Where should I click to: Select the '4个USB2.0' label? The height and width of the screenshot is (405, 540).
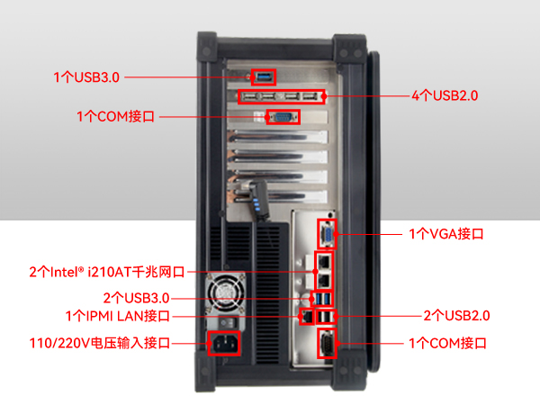(x=444, y=95)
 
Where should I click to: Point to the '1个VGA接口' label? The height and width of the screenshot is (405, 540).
(x=446, y=234)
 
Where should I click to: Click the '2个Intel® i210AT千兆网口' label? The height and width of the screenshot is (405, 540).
(x=106, y=271)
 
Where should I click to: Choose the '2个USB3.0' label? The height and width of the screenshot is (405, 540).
(x=136, y=298)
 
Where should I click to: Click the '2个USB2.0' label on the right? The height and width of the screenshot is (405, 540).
(x=456, y=316)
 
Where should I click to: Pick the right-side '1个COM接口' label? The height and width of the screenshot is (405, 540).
(x=447, y=343)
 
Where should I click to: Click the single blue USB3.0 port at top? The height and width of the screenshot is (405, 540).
(x=263, y=78)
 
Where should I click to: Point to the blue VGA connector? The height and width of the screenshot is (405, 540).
(x=327, y=234)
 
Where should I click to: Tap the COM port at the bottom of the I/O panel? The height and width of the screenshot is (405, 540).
(x=328, y=344)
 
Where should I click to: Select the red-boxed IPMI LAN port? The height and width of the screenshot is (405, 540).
(x=306, y=316)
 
